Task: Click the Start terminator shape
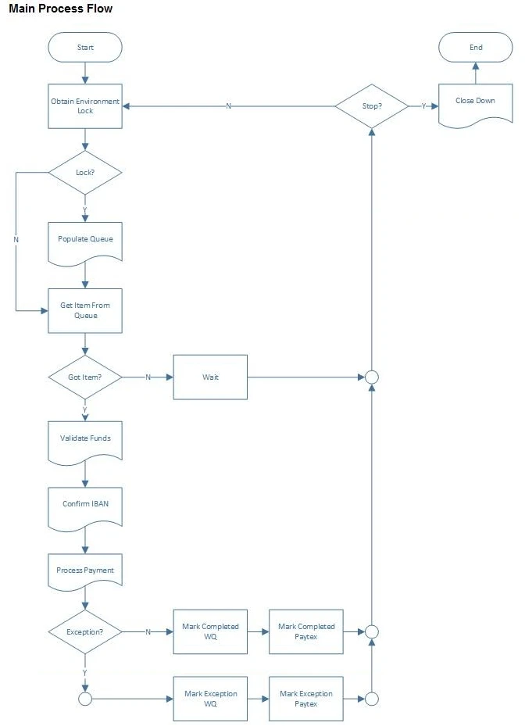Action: click(x=85, y=47)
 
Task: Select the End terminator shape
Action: click(x=476, y=47)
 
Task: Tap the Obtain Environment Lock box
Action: click(x=85, y=106)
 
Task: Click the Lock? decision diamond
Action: click(x=85, y=171)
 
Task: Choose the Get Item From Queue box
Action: click(x=85, y=310)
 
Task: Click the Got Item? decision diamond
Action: click(x=85, y=377)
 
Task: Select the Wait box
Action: click(x=210, y=377)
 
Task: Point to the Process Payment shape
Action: click(x=85, y=571)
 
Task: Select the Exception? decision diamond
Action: click(x=85, y=631)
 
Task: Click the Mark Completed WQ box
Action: click(x=210, y=631)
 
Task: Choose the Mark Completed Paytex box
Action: click(x=306, y=631)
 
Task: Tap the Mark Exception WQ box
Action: click(x=210, y=699)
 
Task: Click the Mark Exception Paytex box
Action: click(x=306, y=699)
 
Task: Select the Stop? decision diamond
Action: click(x=372, y=106)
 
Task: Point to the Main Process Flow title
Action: click(x=60, y=9)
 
